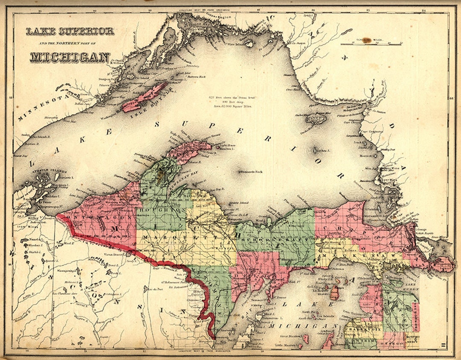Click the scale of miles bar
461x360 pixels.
pyautogui.click(x=371, y=44)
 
